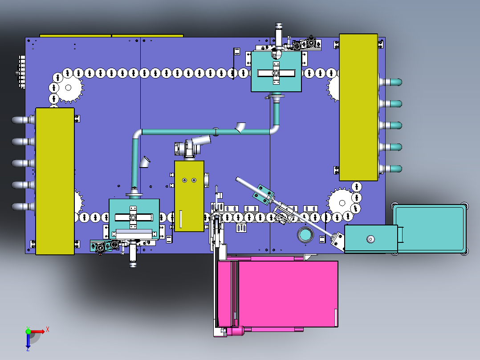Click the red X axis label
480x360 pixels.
coord(48,330)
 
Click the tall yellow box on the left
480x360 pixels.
coord(55,181)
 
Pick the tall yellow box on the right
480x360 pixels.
coord(358,107)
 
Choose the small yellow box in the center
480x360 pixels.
coord(189,196)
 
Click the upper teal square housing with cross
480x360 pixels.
coord(276,71)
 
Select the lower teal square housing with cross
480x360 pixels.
coord(134,219)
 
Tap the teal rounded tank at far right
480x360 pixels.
coord(430,229)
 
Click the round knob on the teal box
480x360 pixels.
coord(370,239)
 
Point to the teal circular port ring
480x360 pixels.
coord(305,235)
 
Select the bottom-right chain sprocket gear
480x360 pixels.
coord(342,203)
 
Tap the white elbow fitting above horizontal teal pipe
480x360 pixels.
coord(240,127)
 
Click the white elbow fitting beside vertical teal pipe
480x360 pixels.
coord(145,162)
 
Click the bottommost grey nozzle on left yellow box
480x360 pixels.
coord(23,206)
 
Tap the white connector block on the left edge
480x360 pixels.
coord(22,72)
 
